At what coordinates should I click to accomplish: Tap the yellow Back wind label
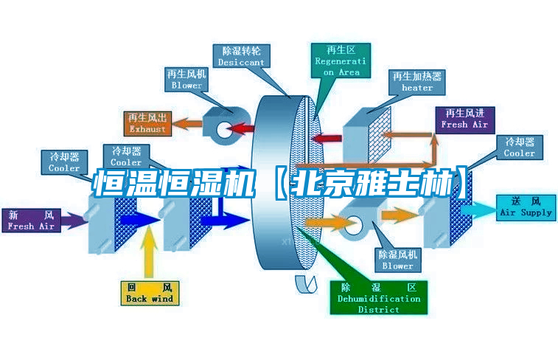[x=150, y=293]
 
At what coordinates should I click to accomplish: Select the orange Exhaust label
[x=147, y=123]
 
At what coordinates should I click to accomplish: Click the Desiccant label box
[x=241, y=57]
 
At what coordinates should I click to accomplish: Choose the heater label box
[x=417, y=82]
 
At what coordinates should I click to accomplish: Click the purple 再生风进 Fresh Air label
[x=464, y=119]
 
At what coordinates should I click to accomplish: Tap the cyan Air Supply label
[x=526, y=207]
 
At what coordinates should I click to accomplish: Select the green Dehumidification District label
[x=379, y=298]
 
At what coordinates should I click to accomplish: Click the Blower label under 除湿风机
[x=398, y=260]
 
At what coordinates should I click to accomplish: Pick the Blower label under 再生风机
[x=186, y=80]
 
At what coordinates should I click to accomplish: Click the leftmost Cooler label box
[x=64, y=162]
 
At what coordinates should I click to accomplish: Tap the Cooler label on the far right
[x=519, y=147]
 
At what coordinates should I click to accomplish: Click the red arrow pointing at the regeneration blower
[x=240, y=129]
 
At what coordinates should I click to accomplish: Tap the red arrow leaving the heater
[x=330, y=136]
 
